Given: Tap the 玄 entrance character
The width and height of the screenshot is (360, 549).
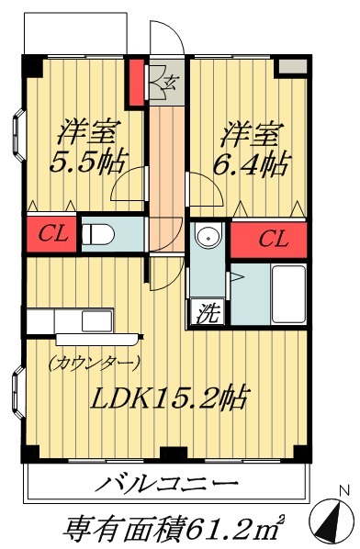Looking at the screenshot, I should click(x=168, y=84).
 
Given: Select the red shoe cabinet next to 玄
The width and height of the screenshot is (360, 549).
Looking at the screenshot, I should click(x=137, y=82).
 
